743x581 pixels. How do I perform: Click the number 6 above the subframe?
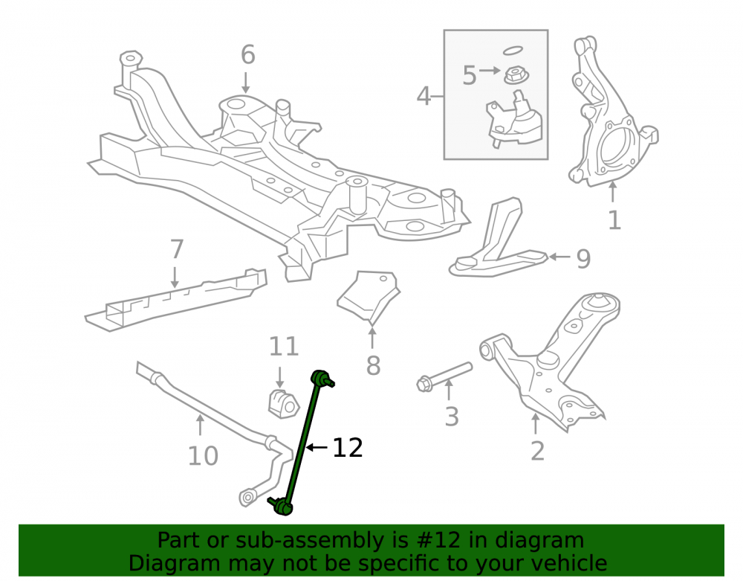pyautogui.click(x=248, y=54)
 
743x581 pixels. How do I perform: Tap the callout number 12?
pyautogui.click(x=348, y=448)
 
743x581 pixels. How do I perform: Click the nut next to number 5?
pyautogui.click(x=516, y=75)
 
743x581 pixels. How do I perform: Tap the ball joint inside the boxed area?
pyautogui.click(x=514, y=121)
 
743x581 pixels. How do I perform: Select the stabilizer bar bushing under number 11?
pyautogui.click(x=283, y=404)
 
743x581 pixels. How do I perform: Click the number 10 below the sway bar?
pyautogui.click(x=203, y=456)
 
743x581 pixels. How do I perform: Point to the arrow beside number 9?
pyautogui.click(x=559, y=257)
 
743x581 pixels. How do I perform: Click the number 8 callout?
pyautogui.click(x=374, y=366)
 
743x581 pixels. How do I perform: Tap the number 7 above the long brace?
pyautogui.click(x=177, y=249)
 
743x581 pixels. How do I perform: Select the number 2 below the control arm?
pyautogui.click(x=537, y=451)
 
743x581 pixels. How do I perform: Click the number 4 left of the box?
pyautogui.click(x=424, y=96)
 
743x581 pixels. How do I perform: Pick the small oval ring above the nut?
pyautogui.click(x=513, y=51)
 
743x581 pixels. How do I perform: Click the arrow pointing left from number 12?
pyautogui.click(x=317, y=447)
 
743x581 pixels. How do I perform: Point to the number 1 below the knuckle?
pyautogui.click(x=614, y=220)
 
